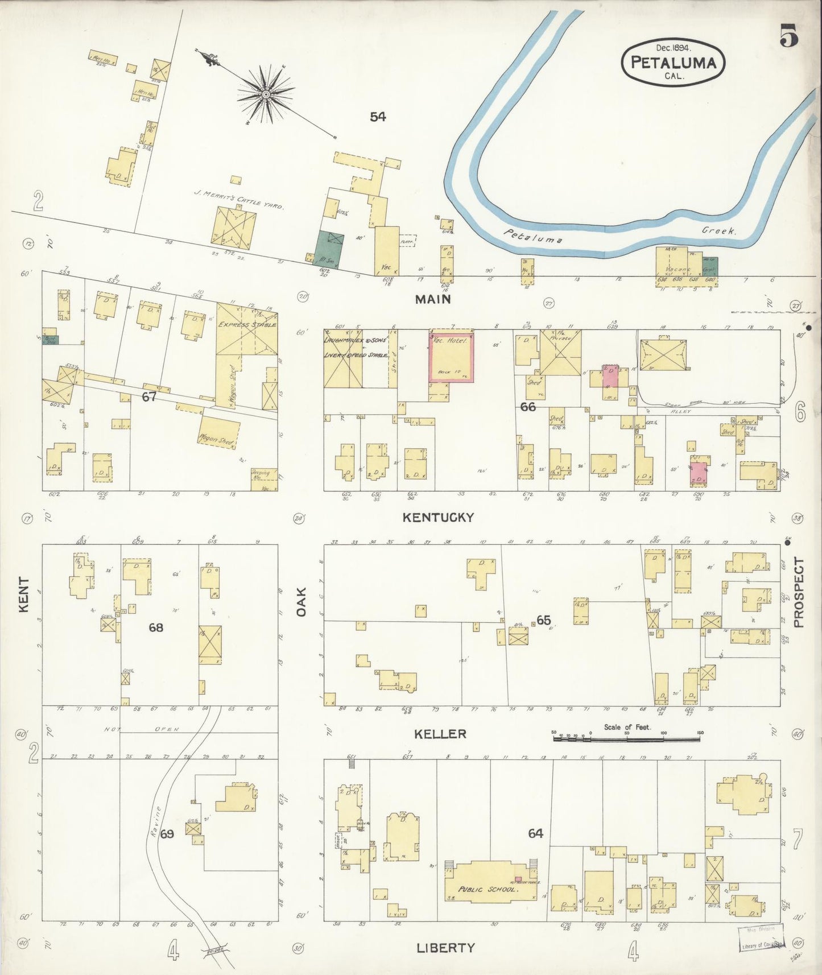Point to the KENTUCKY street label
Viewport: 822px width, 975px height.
438,517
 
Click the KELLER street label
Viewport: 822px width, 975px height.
440,734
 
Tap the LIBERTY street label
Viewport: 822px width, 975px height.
445,948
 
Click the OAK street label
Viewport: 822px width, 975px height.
301,601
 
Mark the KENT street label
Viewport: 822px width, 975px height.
24,595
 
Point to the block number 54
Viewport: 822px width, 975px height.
378,117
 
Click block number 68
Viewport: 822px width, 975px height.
156,627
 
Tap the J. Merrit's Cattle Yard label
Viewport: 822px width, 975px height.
238,200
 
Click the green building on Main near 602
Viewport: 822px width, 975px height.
329,249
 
